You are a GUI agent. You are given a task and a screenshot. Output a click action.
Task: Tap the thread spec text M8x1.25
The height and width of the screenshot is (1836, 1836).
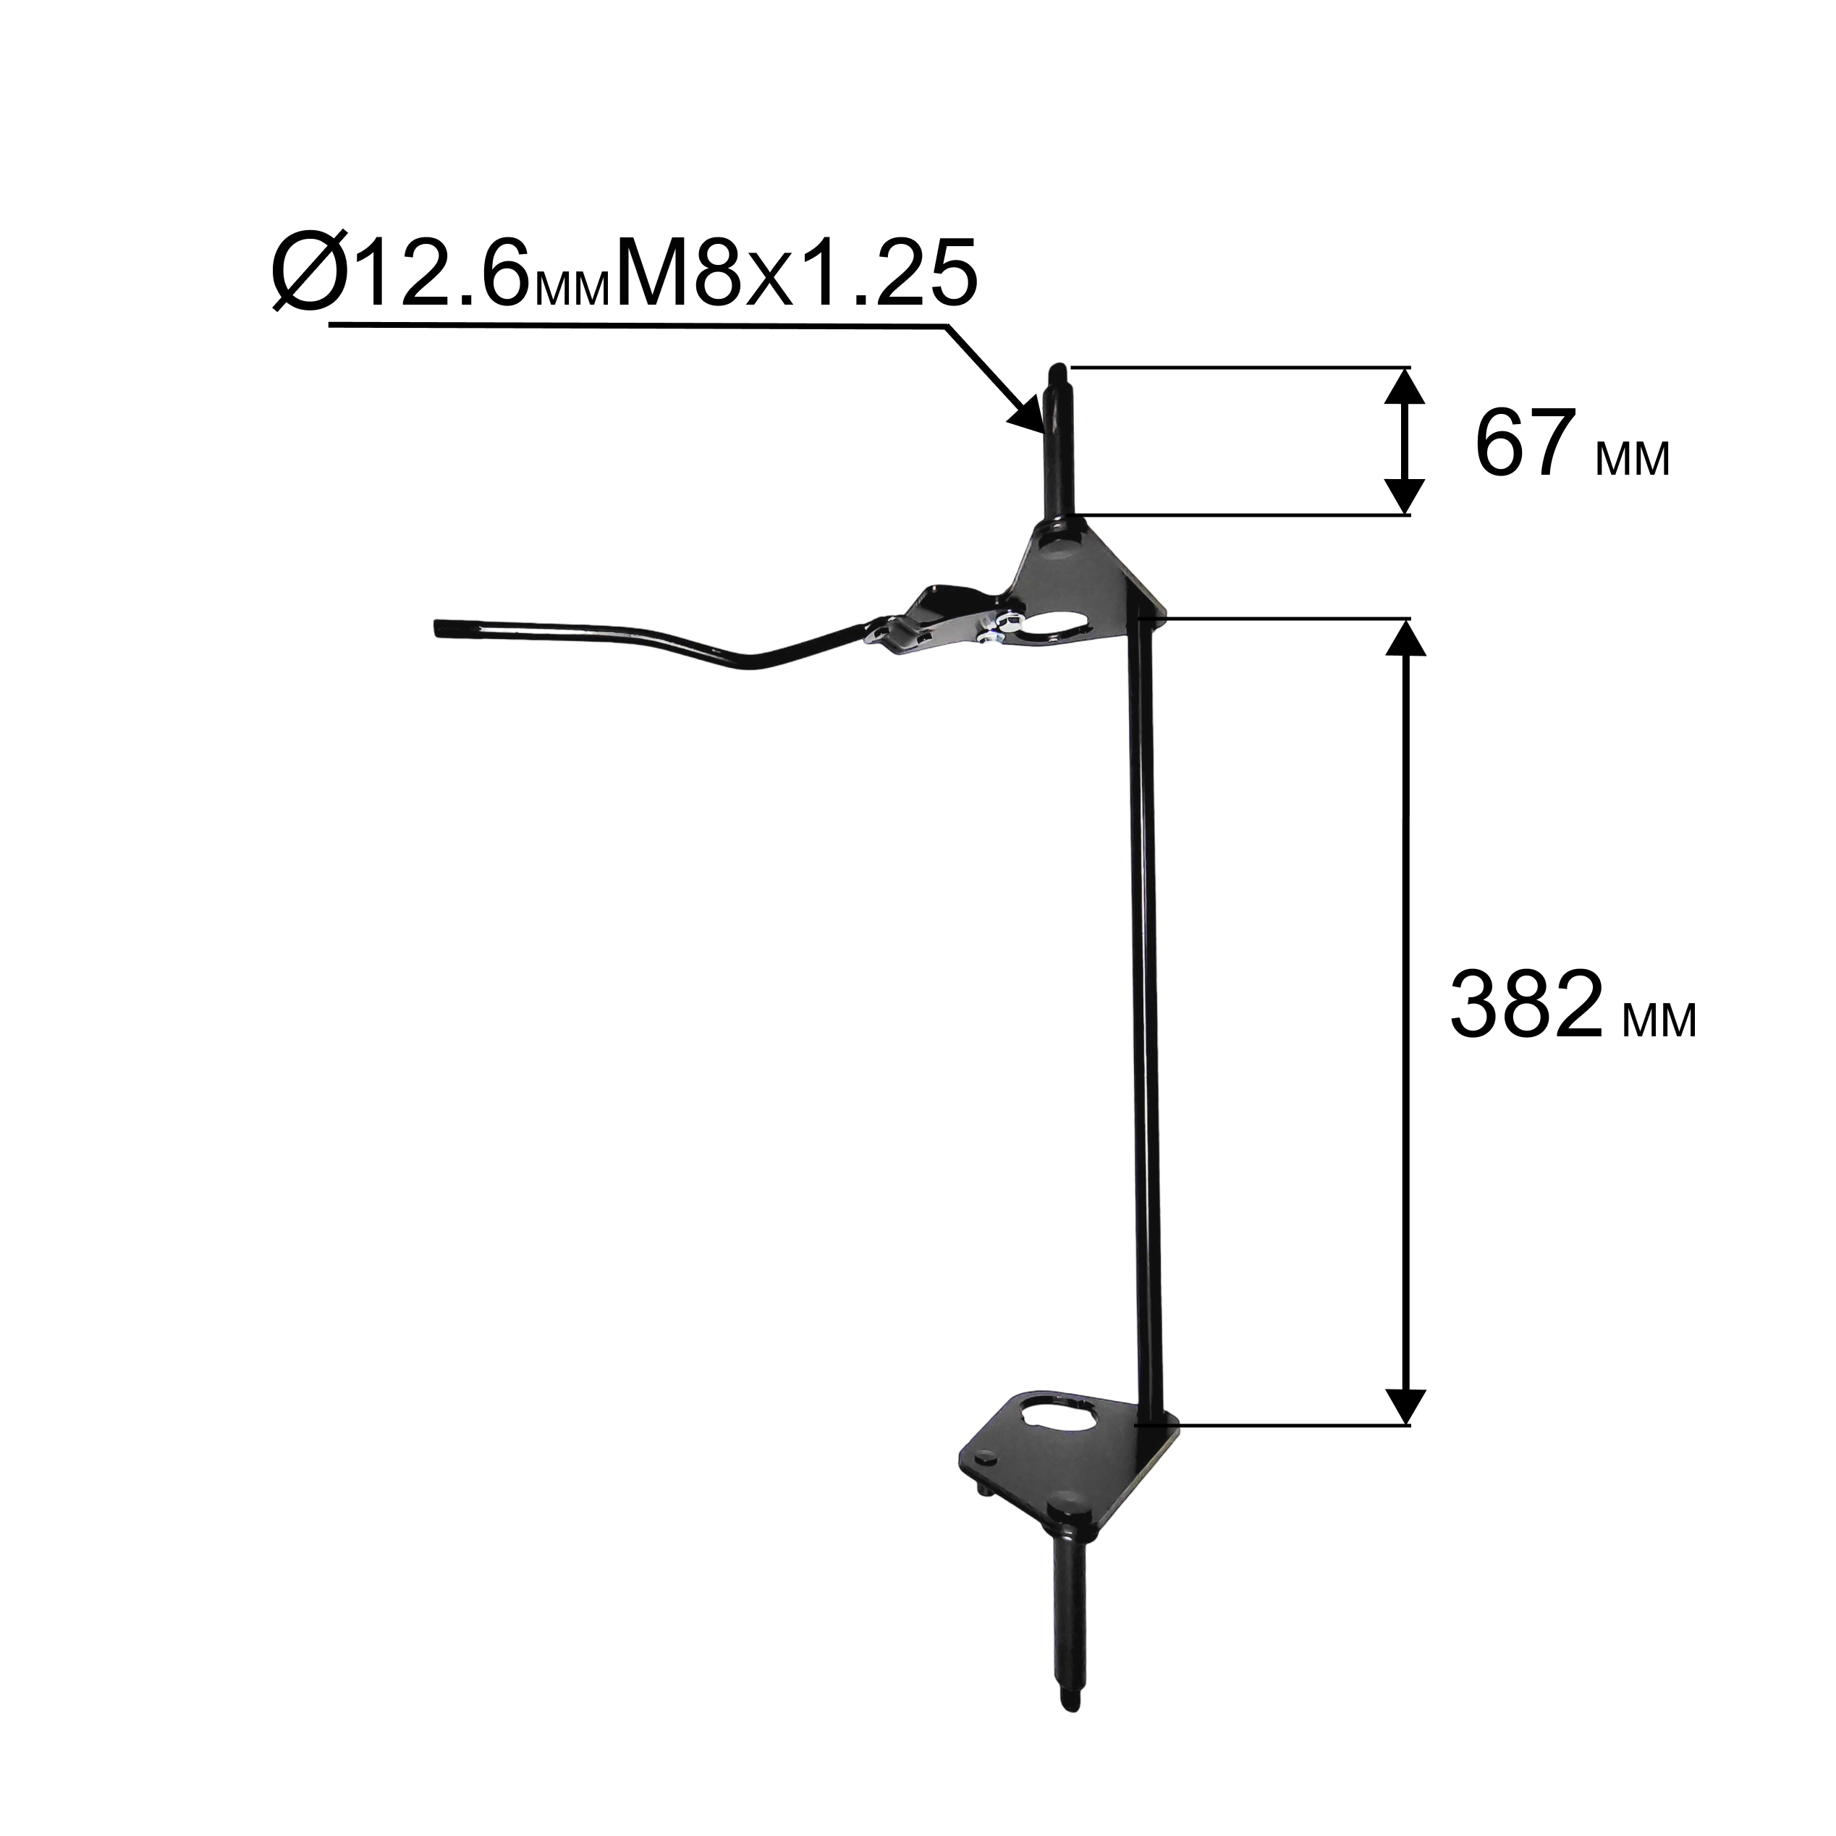coord(795,273)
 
